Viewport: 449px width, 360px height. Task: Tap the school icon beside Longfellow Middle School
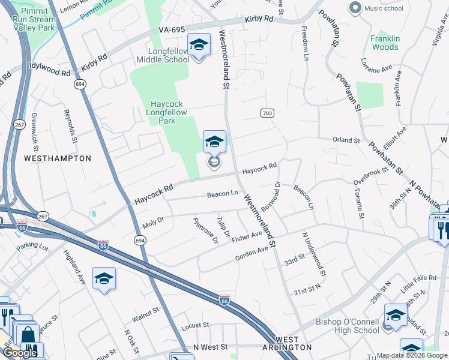(x=199, y=45)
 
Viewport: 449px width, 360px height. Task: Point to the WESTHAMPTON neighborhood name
(x=58, y=158)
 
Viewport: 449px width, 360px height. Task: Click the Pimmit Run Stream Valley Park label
(x=34, y=20)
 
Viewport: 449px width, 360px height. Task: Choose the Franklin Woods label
(x=385, y=43)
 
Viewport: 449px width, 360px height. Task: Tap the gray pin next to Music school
(x=354, y=8)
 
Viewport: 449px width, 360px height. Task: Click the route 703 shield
(x=268, y=113)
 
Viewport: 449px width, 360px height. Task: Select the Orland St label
(x=346, y=140)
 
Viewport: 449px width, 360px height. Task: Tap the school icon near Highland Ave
(x=104, y=278)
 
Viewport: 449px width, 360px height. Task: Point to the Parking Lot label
(x=32, y=246)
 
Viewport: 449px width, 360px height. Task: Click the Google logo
(x=20, y=353)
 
